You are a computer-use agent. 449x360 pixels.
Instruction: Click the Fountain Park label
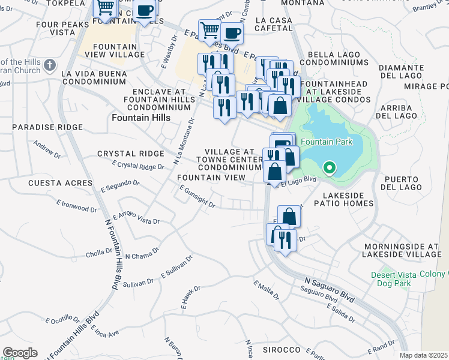tap(326, 142)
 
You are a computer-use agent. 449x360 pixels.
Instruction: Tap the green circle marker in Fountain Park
tap(329, 168)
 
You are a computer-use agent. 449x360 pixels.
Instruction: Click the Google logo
tap(20, 353)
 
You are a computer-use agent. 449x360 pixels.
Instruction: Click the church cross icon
tap(50, 64)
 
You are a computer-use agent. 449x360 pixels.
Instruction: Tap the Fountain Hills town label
tap(141, 118)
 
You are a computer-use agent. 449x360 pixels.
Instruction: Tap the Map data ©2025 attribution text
tap(424, 355)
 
